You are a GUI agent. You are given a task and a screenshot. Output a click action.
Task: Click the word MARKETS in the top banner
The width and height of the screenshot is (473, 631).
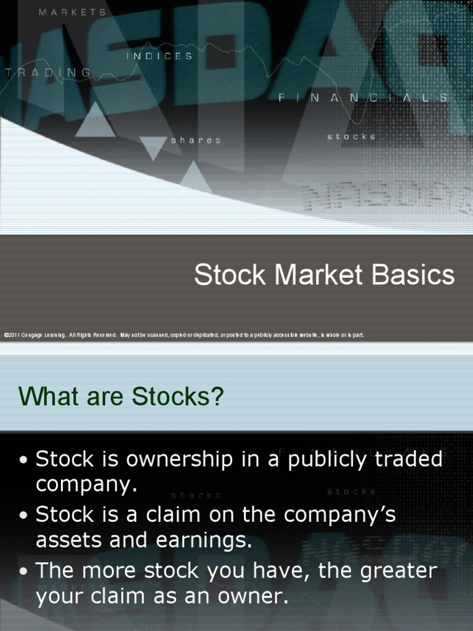pos(73,12)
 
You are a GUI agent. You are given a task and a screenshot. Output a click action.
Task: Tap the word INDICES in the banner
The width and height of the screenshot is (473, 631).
pos(160,56)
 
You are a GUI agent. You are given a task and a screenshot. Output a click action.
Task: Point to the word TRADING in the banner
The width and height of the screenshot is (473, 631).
pos(48,73)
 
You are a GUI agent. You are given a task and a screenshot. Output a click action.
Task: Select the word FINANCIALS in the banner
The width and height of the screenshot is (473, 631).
pos(363,97)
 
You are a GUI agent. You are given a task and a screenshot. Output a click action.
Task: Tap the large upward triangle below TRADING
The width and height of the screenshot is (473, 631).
pos(95,121)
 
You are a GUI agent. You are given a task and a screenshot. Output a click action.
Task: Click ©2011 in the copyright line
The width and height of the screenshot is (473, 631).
pos(12,335)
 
